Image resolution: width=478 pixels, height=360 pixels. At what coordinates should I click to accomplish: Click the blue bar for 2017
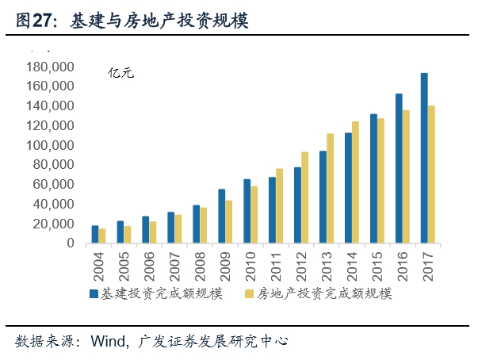point(424,159)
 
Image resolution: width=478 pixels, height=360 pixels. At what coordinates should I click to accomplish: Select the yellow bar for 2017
point(432,174)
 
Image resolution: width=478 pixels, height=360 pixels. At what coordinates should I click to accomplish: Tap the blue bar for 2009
point(221,216)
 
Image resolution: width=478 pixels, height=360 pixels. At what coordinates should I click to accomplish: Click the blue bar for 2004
point(94,235)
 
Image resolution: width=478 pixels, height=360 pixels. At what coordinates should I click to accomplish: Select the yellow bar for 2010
point(254,215)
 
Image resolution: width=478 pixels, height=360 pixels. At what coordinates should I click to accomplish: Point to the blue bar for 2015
point(373,178)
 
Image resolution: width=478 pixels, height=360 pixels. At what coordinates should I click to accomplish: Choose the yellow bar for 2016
point(407,177)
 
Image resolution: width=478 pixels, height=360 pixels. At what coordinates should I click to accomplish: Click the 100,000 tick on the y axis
point(50,145)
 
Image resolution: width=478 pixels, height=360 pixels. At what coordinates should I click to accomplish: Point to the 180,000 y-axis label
point(50,67)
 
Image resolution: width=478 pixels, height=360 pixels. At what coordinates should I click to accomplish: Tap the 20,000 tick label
point(53,224)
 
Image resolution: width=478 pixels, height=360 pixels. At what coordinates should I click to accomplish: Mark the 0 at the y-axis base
point(70,243)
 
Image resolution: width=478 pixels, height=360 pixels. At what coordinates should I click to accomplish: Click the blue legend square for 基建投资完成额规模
point(93,294)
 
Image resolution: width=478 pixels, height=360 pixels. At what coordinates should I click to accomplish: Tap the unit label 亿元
point(121,73)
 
